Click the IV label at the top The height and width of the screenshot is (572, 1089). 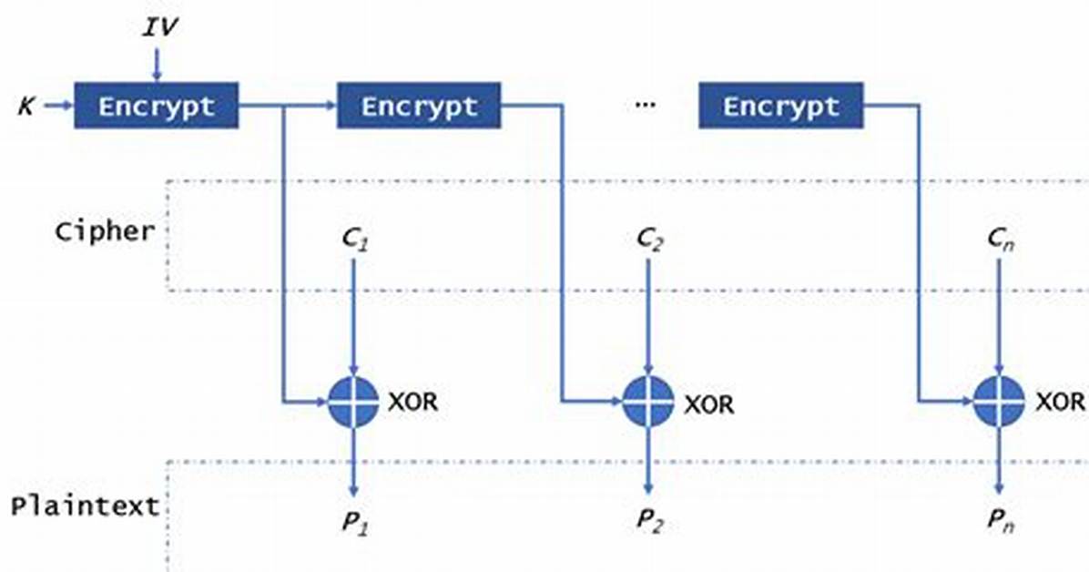click(159, 27)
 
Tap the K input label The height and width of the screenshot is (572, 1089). click(26, 107)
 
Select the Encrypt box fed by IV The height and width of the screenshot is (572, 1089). click(157, 106)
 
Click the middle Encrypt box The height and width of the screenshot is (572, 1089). click(419, 106)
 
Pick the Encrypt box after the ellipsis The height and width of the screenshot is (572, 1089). click(780, 106)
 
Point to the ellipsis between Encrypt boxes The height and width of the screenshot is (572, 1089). click(646, 105)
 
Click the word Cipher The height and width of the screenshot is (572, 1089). click(105, 231)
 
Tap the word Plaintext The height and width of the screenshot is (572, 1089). click(85, 506)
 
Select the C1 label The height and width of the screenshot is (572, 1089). click(356, 240)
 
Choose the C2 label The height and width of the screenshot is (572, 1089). click(650, 240)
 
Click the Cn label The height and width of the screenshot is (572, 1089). click(1001, 240)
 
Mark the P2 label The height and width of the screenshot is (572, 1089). click(650, 521)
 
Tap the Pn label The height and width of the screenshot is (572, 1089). click(1001, 521)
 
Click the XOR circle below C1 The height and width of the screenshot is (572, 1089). click(353, 402)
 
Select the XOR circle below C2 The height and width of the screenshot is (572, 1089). click(648, 402)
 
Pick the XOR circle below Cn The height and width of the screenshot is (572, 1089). click(999, 402)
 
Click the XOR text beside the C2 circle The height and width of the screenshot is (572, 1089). click(708, 403)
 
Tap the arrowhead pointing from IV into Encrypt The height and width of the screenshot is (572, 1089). click(157, 76)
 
